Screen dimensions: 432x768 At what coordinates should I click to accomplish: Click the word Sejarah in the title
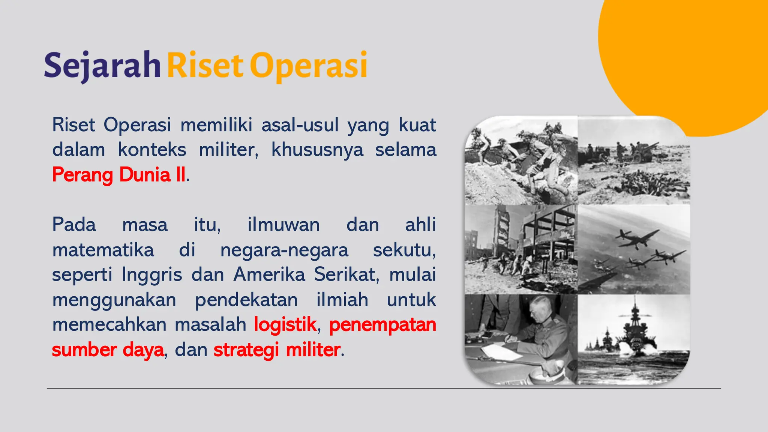(102, 66)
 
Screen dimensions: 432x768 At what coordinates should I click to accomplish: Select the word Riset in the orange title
(205, 66)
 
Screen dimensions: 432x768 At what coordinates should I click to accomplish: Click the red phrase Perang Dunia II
(119, 175)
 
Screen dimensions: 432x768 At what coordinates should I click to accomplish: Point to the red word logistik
(285, 324)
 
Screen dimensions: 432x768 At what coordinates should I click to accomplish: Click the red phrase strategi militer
(277, 350)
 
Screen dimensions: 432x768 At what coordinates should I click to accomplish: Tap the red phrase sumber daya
(108, 350)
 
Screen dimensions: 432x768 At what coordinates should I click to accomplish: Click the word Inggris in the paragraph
(152, 274)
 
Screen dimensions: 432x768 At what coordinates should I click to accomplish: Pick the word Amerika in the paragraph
(269, 274)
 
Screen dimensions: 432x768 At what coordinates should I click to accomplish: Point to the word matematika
(103, 250)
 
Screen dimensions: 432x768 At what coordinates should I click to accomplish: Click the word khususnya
(317, 150)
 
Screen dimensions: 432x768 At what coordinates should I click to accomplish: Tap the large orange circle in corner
(694, 52)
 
